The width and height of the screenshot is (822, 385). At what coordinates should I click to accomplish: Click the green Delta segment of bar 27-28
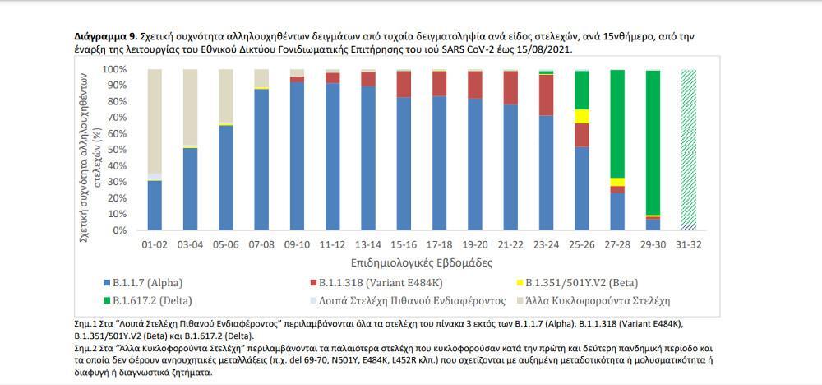(616, 123)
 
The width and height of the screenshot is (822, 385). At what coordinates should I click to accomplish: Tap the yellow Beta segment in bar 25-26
(581, 116)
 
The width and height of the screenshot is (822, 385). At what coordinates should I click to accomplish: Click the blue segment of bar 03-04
(190, 189)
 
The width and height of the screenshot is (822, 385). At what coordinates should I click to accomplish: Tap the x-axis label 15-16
(404, 245)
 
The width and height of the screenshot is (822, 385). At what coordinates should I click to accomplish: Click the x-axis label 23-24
(546, 245)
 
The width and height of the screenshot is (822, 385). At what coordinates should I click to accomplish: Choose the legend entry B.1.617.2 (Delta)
(159, 299)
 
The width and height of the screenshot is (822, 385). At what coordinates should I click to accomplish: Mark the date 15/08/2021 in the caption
(544, 49)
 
